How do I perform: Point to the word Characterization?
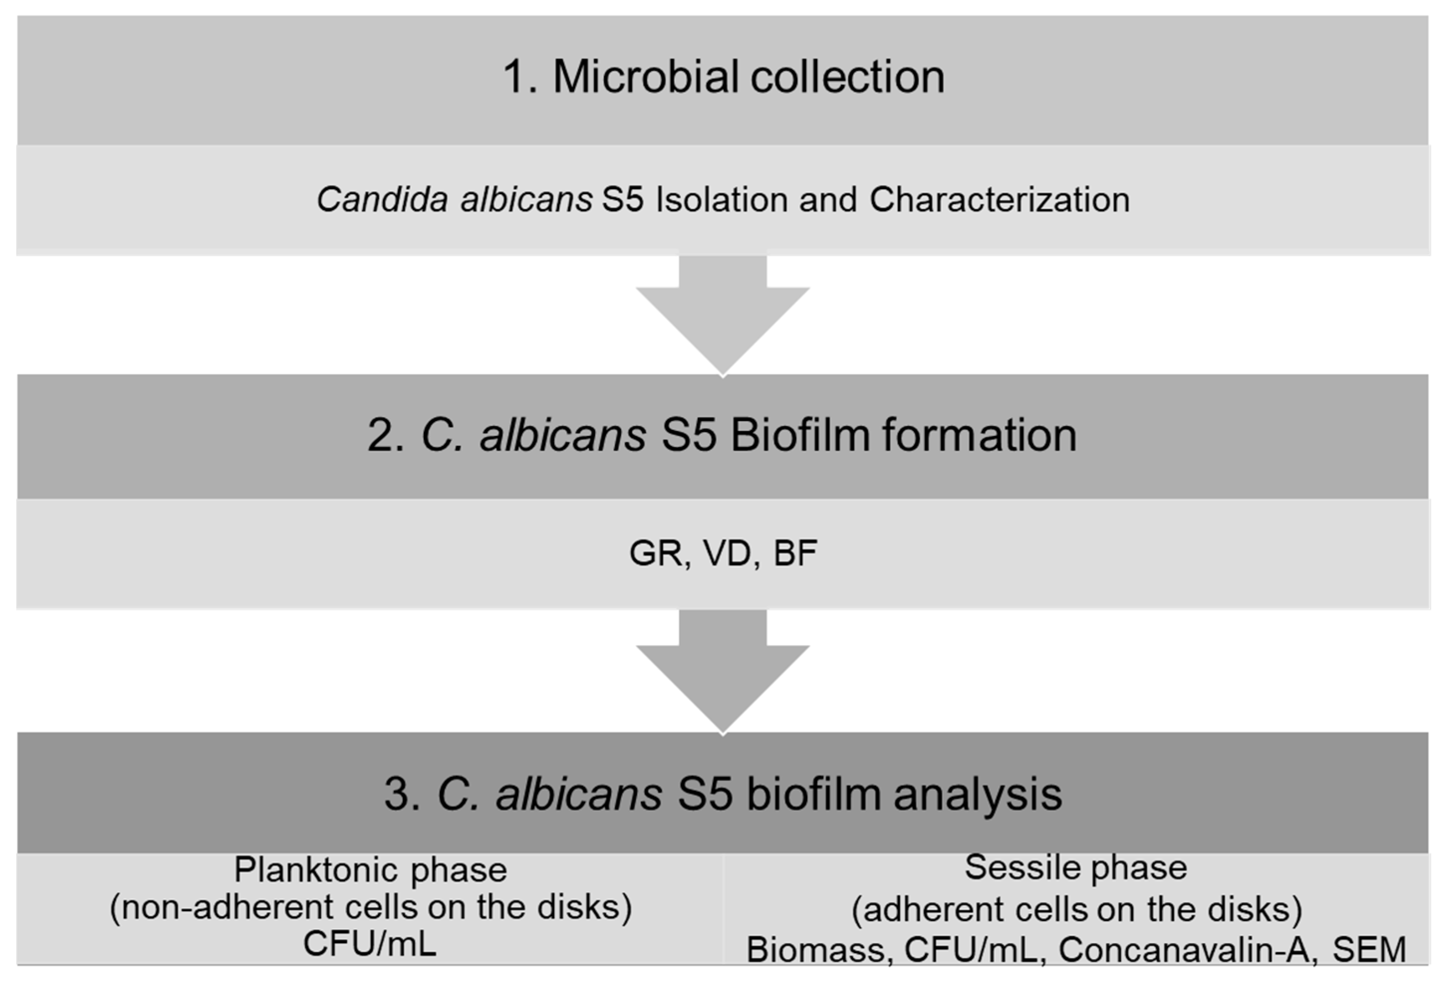click(999, 200)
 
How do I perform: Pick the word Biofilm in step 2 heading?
click(799, 435)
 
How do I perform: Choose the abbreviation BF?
click(794, 553)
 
